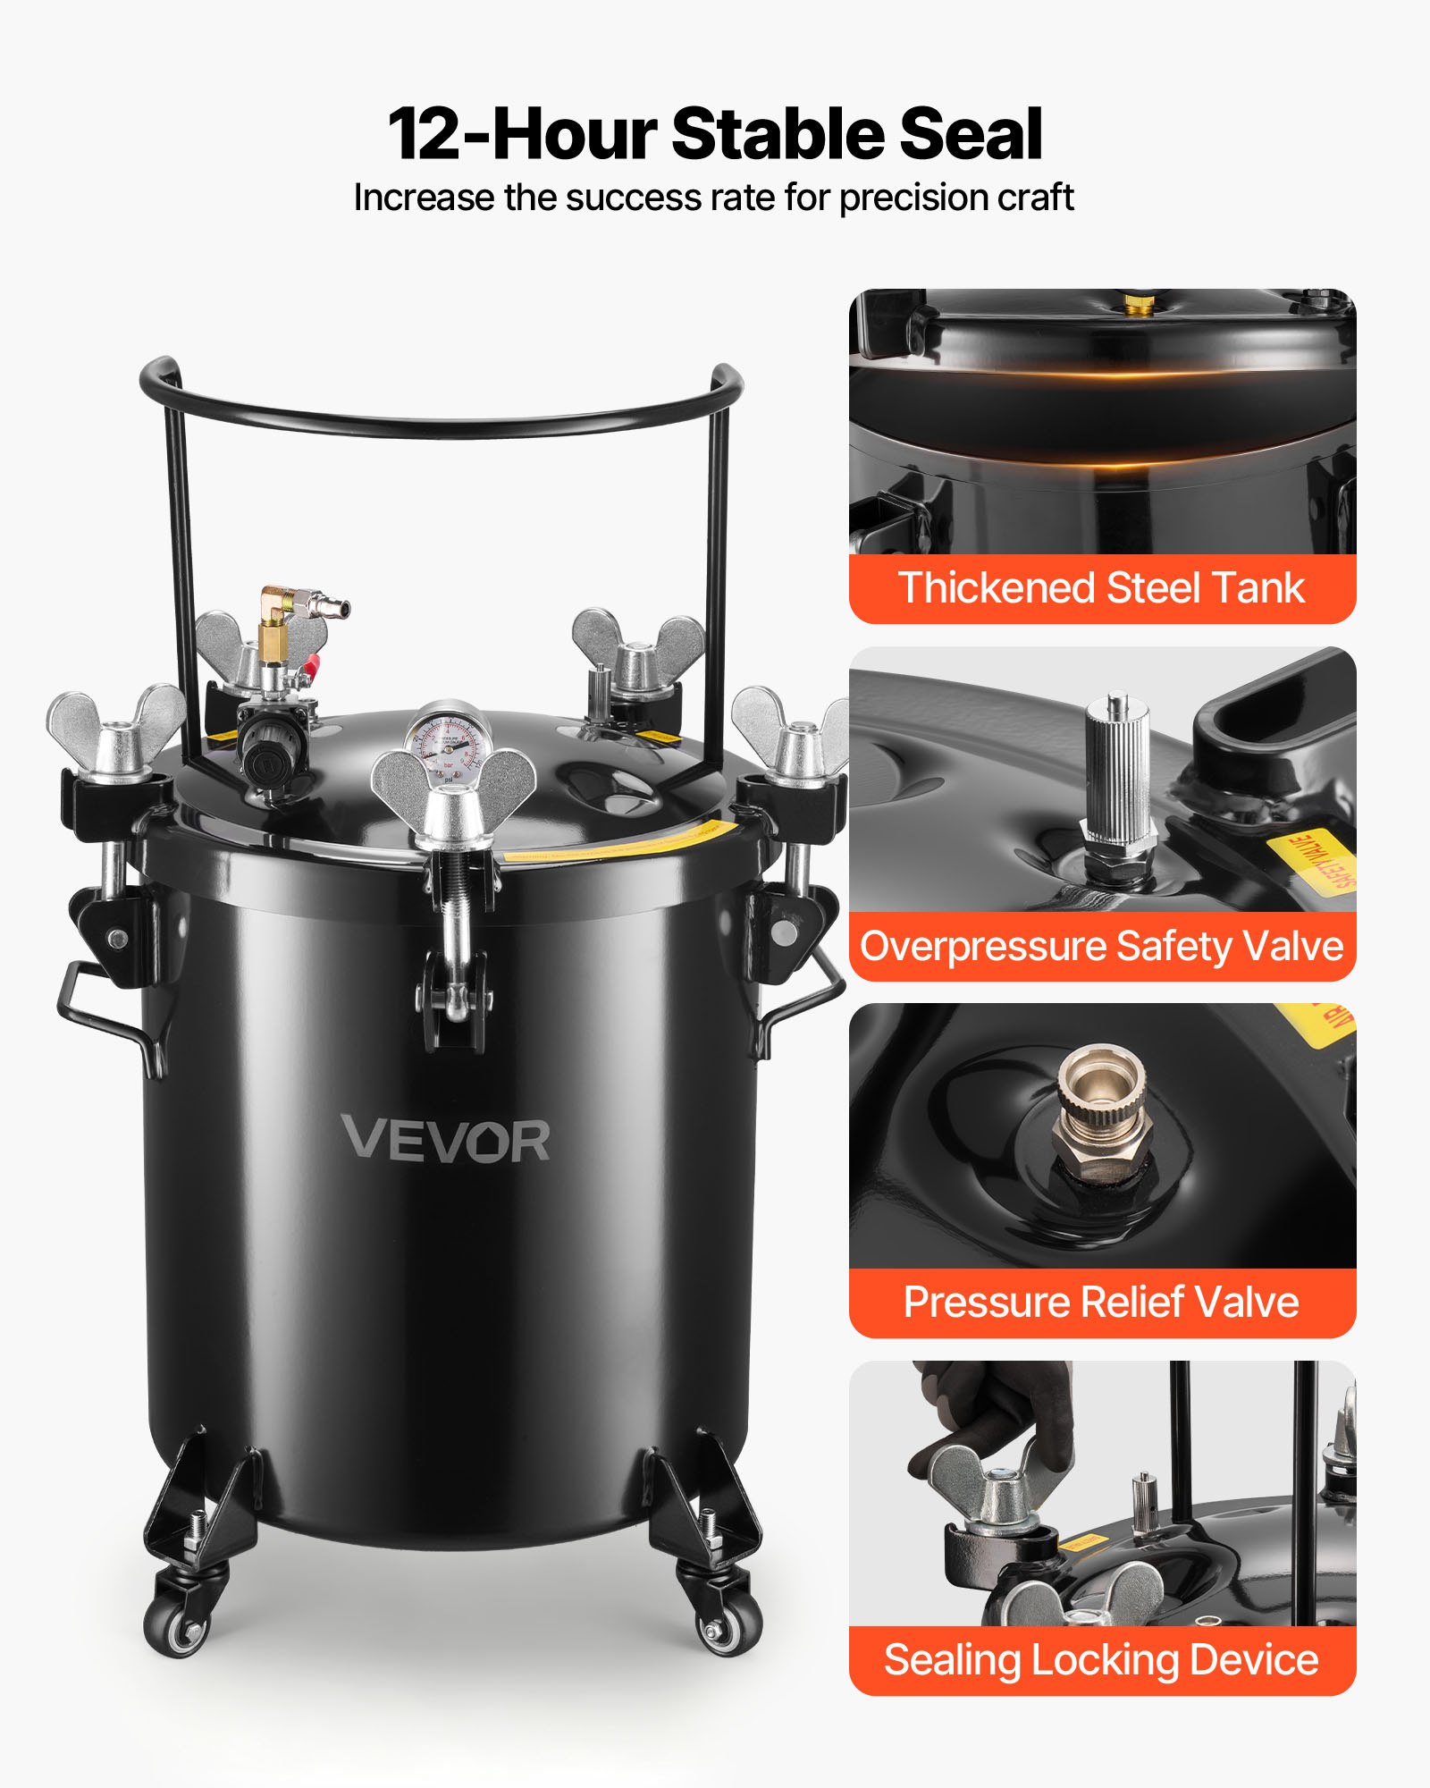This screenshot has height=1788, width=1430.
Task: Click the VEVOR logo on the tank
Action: [446, 1140]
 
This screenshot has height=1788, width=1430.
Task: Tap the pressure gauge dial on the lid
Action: [445, 743]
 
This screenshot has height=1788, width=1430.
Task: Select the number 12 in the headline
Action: [425, 134]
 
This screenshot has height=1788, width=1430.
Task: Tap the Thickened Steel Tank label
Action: [1101, 588]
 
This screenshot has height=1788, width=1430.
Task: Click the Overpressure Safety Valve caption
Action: [1101, 946]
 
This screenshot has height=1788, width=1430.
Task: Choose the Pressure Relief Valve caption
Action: [1101, 1302]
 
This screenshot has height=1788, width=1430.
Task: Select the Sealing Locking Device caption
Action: [1101, 1659]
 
